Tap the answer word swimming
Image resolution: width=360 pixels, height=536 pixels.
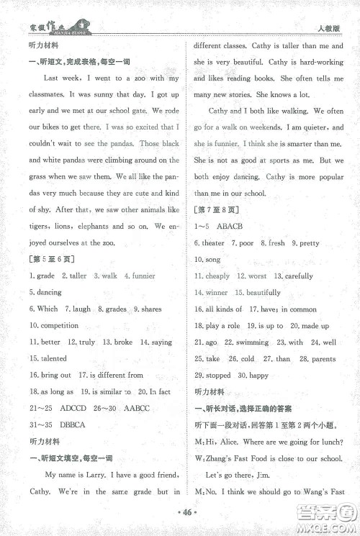[253, 342]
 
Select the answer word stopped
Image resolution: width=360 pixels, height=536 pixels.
[218, 376]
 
